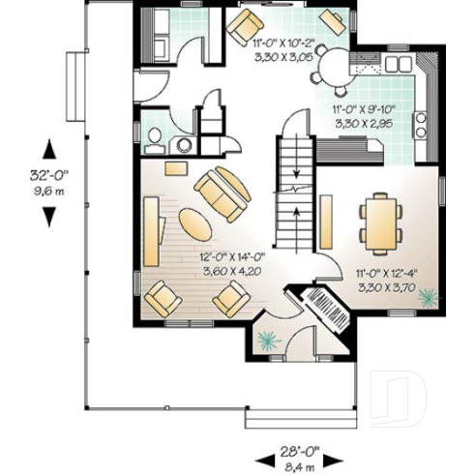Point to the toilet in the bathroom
[x=155, y=140]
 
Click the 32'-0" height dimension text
[x=48, y=177]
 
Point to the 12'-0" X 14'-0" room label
[x=232, y=258]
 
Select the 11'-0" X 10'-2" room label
[x=283, y=44]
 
